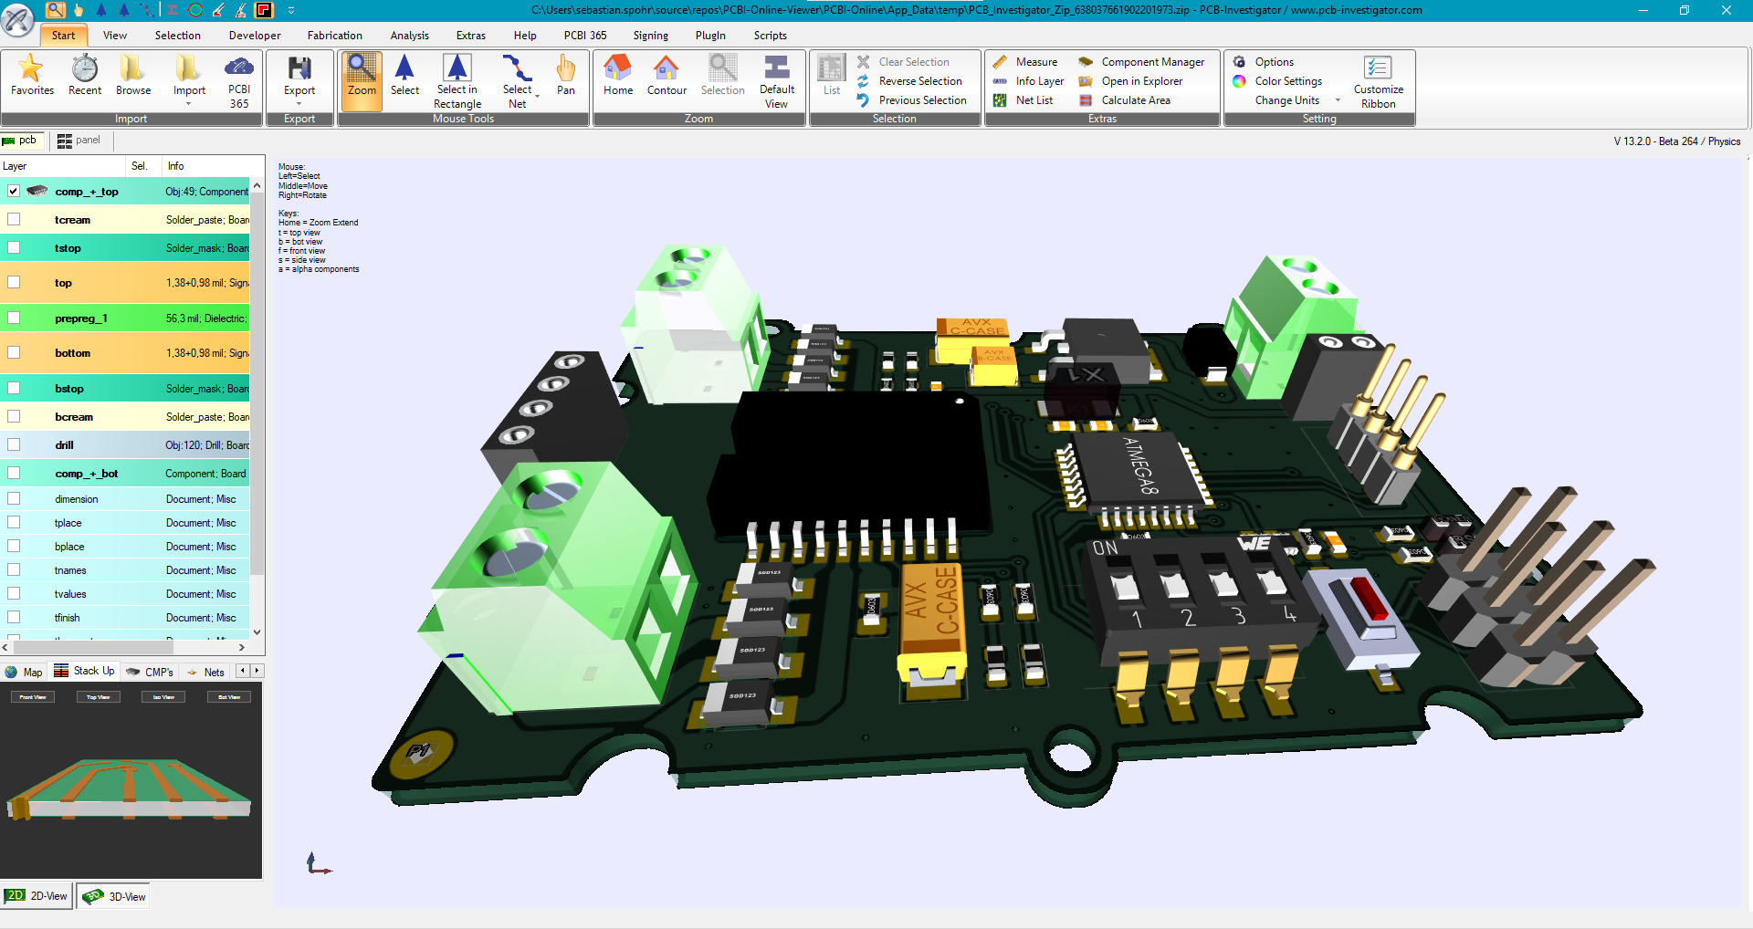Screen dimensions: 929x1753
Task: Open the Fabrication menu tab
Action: [x=334, y=36]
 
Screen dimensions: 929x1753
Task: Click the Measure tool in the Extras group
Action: [x=1035, y=62]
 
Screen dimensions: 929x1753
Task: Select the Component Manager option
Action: [x=1152, y=62]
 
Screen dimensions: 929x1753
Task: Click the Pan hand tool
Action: [x=566, y=73]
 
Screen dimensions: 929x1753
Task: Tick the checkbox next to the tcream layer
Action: [x=14, y=220]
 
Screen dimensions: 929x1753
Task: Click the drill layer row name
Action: [x=64, y=445]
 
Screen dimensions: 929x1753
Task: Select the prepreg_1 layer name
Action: [x=80, y=318]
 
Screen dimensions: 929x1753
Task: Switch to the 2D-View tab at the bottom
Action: [x=38, y=896]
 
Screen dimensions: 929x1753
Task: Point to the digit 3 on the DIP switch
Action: [x=1239, y=616]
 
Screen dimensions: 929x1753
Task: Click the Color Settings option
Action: [x=1287, y=81]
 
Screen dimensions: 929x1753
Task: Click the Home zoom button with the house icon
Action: [x=618, y=73]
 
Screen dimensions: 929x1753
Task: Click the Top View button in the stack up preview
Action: [x=98, y=697]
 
